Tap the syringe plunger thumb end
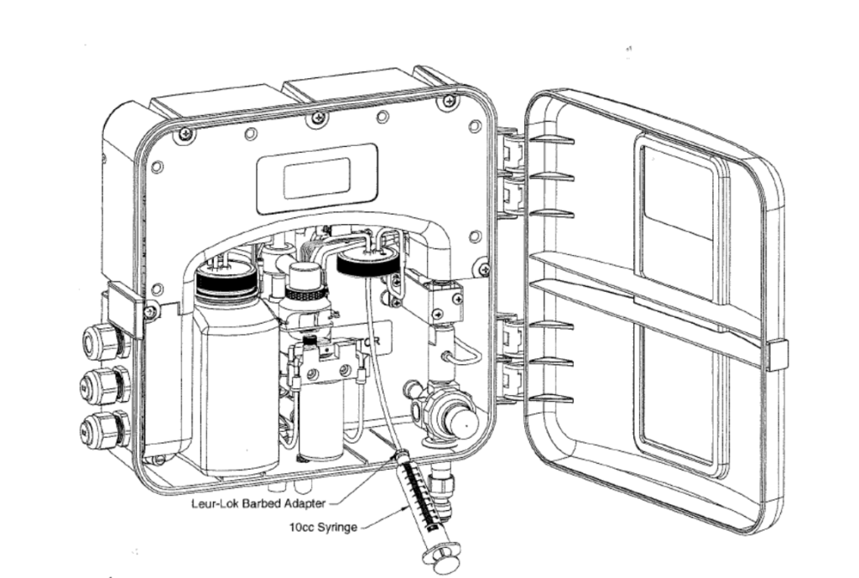[x=441, y=555]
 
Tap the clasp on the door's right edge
[x=777, y=355]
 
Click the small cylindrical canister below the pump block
[x=321, y=424]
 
